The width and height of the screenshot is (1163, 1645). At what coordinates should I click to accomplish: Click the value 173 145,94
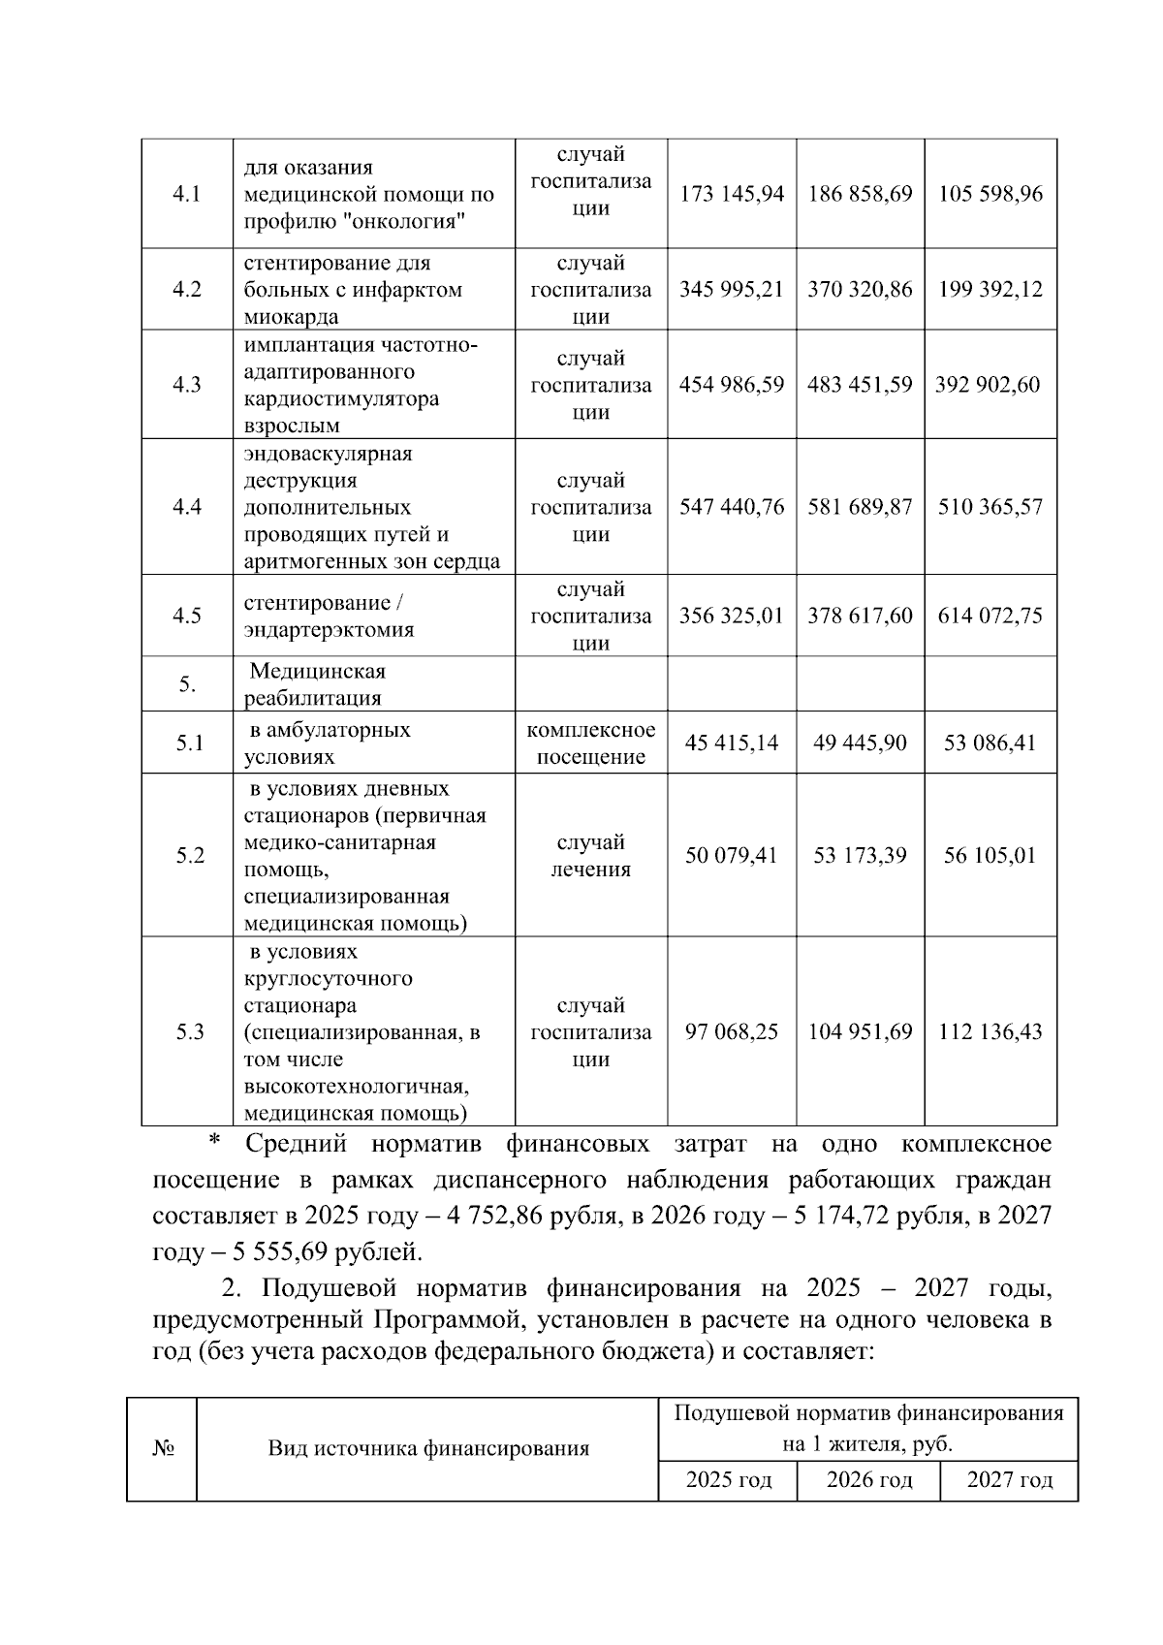tap(732, 194)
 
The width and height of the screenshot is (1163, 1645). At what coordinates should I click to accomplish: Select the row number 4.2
tap(186, 290)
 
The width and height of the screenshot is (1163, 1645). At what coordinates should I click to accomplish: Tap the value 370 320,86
tap(860, 290)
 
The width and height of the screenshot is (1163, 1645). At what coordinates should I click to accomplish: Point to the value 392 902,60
tap(988, 385)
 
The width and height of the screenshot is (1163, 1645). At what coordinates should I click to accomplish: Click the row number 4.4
tap(186, 507)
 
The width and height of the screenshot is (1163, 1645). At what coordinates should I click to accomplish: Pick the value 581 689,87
tap(860, 507)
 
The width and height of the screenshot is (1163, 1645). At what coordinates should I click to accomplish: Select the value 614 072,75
tap(990, 617)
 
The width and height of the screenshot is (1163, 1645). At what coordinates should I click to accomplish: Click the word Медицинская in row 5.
tap(318, 672)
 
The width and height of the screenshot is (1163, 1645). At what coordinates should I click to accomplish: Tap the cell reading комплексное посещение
tap(590, 743)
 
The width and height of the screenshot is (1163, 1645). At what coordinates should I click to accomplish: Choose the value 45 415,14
tap(732, 743)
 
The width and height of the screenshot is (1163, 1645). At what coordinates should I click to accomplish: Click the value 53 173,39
tap(860, 856)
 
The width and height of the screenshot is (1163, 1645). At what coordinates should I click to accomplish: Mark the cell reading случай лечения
tap(590, 856)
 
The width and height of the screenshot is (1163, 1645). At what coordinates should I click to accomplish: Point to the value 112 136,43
tap(990, 1032)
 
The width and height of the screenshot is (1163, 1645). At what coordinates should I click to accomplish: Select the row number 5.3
tap(190, 1032)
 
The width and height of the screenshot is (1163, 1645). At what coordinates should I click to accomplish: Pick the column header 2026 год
tap(868, 1481)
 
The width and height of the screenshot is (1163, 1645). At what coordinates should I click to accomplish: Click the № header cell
tap(163, 1449)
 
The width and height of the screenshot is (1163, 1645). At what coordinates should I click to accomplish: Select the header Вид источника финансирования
tap(428, 1449)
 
